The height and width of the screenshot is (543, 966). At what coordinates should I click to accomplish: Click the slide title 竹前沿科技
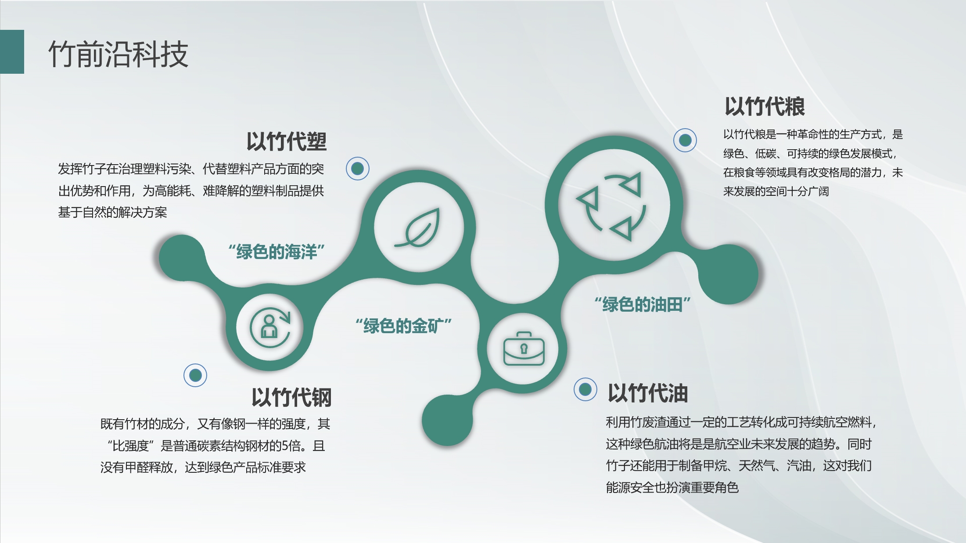click(118, 54)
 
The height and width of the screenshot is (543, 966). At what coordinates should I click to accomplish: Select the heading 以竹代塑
click(287, 142)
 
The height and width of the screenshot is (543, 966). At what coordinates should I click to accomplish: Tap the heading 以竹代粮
click(765, 107)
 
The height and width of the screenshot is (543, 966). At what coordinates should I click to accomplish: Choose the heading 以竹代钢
click(291, 397)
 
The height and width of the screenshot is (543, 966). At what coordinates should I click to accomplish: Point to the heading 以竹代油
click(648, 393)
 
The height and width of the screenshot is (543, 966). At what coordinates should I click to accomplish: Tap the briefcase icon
click(524, 349)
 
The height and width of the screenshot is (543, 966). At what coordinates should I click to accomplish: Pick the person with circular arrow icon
click(270, 327)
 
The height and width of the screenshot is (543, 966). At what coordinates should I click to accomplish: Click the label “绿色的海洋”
click(277, 252)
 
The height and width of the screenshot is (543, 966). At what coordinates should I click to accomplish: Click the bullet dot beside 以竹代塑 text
click(357, 169)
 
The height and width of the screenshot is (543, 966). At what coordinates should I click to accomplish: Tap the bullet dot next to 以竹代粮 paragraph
click(685, 140)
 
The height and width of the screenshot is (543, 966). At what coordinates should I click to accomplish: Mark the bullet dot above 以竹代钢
click(195, 375)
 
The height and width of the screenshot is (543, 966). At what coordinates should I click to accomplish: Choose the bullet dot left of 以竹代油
click(585, 389)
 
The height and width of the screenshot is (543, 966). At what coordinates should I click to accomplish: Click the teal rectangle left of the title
click(12, 52)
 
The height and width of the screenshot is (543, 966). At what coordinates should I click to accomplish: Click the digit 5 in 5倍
click(285, 446)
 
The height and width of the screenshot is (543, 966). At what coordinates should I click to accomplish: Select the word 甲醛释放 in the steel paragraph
click(149, 467)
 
